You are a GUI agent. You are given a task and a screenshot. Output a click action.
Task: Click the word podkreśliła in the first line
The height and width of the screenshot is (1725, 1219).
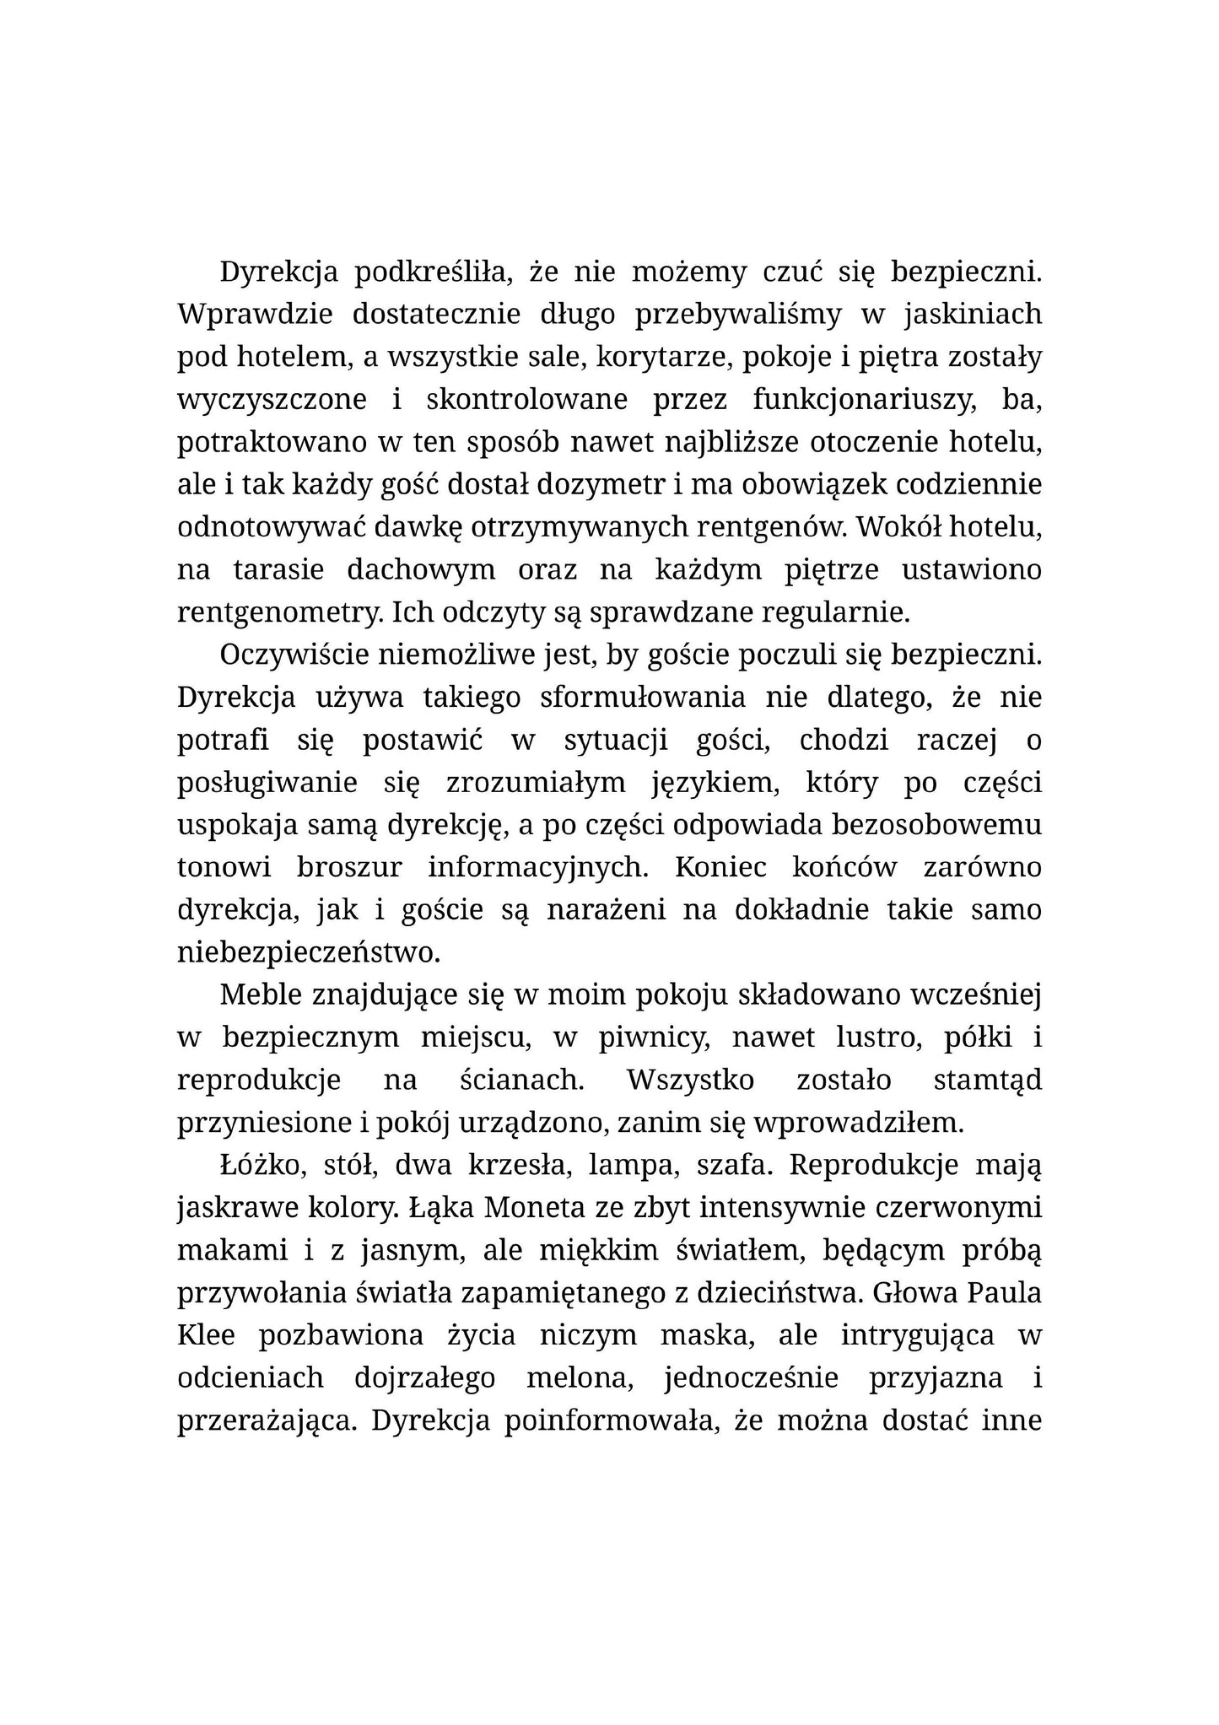[x=433, y=272]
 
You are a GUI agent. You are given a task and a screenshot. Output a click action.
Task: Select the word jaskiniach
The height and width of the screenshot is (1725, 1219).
[x=973, y=315]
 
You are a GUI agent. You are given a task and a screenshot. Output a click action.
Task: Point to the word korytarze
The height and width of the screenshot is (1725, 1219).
[x=665, y=358]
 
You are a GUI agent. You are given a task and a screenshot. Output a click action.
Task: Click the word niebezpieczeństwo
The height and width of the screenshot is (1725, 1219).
[x=309, y=952]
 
